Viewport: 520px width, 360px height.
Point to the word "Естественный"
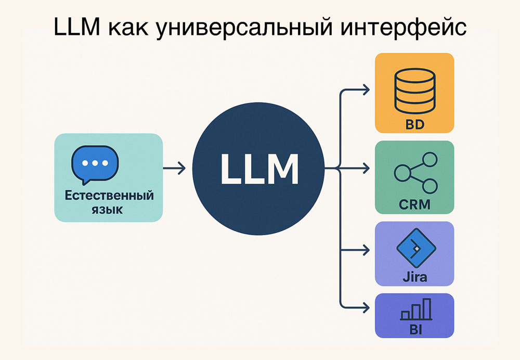pyautogui.click(x=109, y=196)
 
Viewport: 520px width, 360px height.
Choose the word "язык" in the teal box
pyautogui.click(x=109, y=210)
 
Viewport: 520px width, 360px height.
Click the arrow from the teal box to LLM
pyautogui.click(x=174, y=169)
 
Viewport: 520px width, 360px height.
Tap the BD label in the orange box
pyautogui.click(x=414, y=125)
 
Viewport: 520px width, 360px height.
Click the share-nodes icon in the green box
pyautogui.click(x=414, y=172)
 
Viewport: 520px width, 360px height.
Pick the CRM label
pyautogui.click(x=414, y=204)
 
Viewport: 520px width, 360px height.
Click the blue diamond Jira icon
pyautogui.click(x=414, y=249)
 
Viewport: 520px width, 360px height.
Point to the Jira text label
pyautogui.click(x=414, y=276)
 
